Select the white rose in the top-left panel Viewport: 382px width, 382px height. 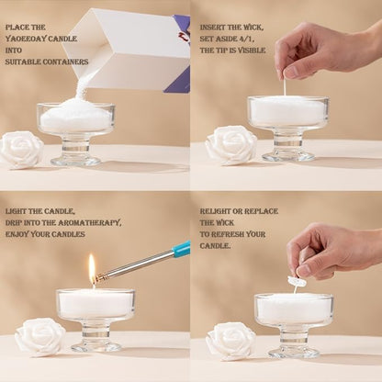click(21, 149)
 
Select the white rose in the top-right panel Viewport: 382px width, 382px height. click(230, 144)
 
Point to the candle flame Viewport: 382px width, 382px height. click(92, 267)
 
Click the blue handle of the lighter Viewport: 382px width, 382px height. click(181, 249)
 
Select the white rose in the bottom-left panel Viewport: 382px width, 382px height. click(39, 337)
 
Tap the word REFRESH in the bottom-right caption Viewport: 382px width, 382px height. click(238, 234)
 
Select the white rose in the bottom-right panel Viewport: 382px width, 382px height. click(230, 340)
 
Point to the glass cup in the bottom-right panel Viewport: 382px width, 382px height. click(294, 321)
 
